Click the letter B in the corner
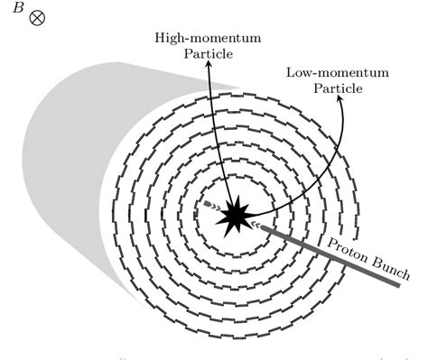coord(18,7)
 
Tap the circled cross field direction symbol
coord(37,18)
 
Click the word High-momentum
coord(208,39)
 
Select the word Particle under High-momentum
coord(209,54)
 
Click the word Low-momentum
coord(338,73)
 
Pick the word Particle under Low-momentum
coord(338,88)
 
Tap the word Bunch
coord(391,269)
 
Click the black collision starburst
coord(235,215)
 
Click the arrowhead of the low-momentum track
coord(340,98)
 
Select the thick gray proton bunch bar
coord(330,255)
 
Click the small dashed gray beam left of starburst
coord(213,206)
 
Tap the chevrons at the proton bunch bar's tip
coord(256,224)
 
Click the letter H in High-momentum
coord(161,38)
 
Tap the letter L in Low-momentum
coord(291,72)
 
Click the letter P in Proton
coord(332,244)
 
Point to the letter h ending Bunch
coord(405,274)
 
